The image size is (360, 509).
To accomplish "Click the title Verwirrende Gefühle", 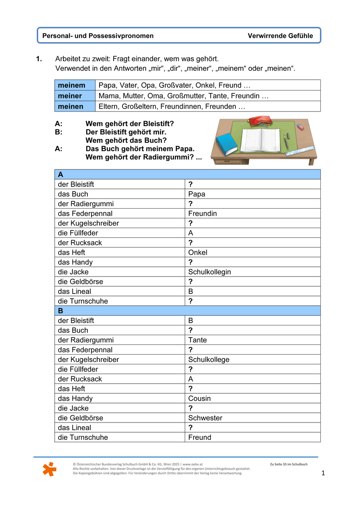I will [280, 36].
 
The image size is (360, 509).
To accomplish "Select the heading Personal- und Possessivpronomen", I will [98, 36].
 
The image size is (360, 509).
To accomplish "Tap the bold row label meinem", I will [72, 85].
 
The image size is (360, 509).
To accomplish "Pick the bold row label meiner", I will [70, 96].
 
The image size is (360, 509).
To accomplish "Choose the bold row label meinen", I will [71, 106].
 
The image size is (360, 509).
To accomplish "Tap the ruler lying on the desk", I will [300, 151].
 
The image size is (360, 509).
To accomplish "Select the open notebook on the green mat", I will [260, 139].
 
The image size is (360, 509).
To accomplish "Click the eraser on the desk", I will [300, 127].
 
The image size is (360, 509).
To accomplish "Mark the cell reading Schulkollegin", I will [210, 272].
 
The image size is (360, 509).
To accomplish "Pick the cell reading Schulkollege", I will [209, 359].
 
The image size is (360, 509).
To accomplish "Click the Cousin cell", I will [199, 398].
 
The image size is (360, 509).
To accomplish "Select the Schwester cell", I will [205, 418].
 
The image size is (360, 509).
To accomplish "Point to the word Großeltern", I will [138, 106].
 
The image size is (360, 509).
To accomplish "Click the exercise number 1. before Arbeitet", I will [39, 59].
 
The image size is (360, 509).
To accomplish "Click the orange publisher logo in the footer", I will [49, 469].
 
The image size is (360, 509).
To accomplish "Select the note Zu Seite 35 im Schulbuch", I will [288, 464].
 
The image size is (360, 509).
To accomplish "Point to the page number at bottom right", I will [323, 473].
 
